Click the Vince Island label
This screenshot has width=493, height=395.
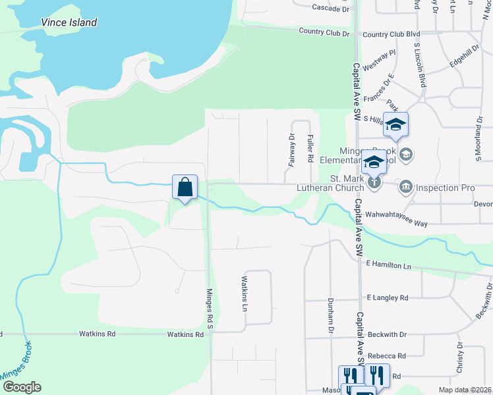point(69,22)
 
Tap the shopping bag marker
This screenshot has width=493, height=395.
point(185,187)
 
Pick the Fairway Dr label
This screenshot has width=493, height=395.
point(291,149)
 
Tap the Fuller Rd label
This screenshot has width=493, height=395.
point(309,149)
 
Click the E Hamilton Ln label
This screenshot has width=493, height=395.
point(388,265)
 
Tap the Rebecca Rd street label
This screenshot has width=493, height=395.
point(387,355)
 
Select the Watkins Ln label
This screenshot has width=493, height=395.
point(244,294)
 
